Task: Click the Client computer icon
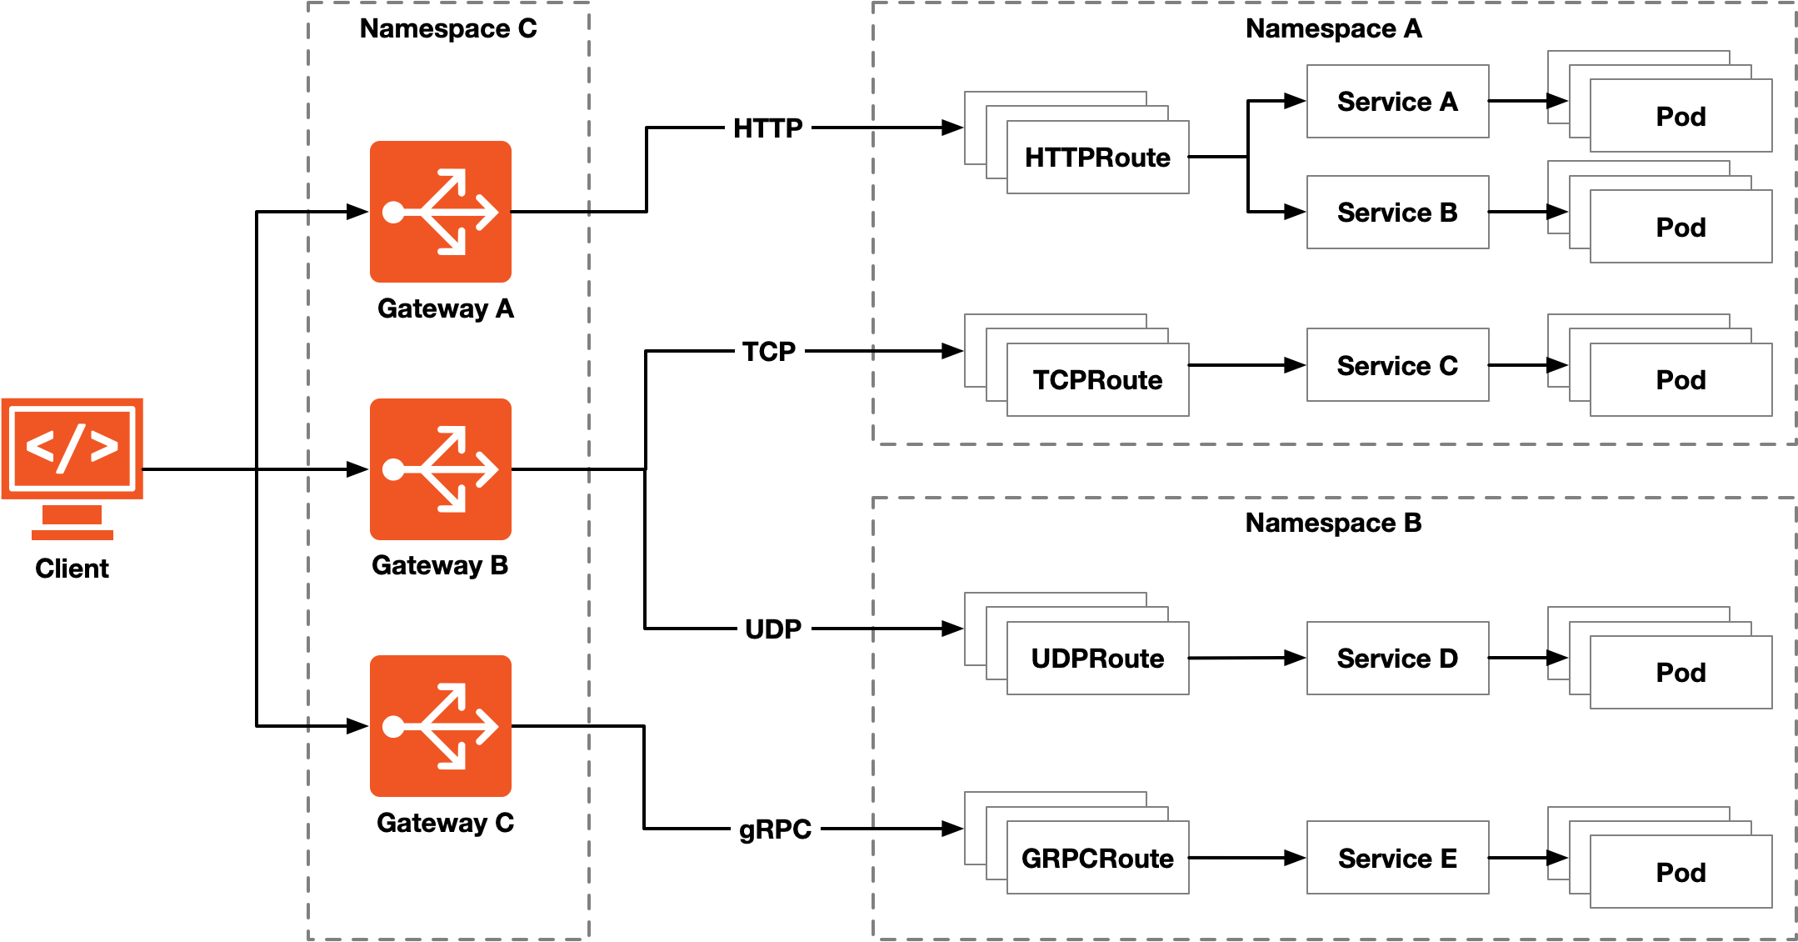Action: coord(72,467)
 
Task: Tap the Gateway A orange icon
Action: coord(440,212)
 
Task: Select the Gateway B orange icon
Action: coord(440,469)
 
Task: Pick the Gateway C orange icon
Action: coord(440,726)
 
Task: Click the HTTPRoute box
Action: coord(1097,158)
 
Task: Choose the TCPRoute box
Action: coord(1097,380)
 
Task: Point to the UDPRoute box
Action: coord(1097,659)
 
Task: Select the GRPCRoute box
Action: coord(1097,858)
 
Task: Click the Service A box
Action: coord(1397,102)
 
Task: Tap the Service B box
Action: coord(1397,213)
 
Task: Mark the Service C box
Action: coord(1397,365)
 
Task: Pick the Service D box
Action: coord(1397,659)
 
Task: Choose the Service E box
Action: coord(1397,858)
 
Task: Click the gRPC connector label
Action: coord(775,829)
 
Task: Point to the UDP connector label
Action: coord(773,629)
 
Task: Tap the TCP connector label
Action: coord(769,352)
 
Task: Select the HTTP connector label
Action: coord(767,128)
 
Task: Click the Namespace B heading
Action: coord(1333,523)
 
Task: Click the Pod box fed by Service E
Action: coord(1681,872)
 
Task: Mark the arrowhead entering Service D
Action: coord(1296,659)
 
